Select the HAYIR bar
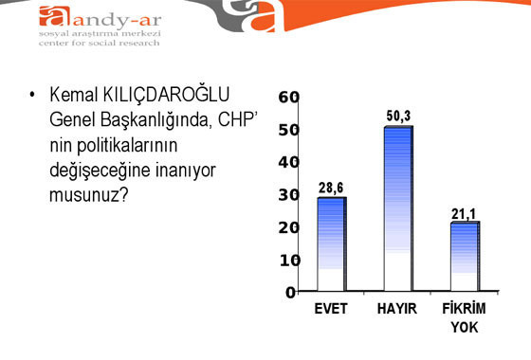(397, 208)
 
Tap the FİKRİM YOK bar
(465, 257)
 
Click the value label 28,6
(331, 188)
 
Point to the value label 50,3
(399, 117)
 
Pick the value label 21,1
(464, 213)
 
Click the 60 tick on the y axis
(289, 97)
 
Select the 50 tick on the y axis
(289, 129)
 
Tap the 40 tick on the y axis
(289, 162)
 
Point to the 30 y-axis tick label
(289, 194)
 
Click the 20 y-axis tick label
(289, 227)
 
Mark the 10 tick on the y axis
(289, 260)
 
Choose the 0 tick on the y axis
(292, 292)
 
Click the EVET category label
(331, 309)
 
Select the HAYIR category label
(397, 309)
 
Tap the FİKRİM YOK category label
(465, 317)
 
